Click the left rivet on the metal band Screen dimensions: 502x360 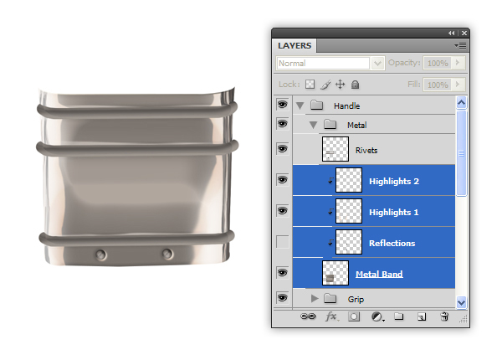tap(101, 255)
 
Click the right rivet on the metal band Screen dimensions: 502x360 tap(167, 255)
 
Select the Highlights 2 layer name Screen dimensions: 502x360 tap(394, 182)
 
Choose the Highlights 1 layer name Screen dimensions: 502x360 tap(394, 212)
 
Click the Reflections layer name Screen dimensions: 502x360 tap(392, 243)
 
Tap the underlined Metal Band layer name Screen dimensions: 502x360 tap(379, 274)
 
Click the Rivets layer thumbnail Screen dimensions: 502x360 tap(336, 149)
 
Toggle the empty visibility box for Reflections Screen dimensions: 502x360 tap(283, 242)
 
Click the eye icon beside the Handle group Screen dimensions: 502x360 tap(283, 105)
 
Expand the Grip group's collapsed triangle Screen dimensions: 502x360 tap(315, 299)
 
